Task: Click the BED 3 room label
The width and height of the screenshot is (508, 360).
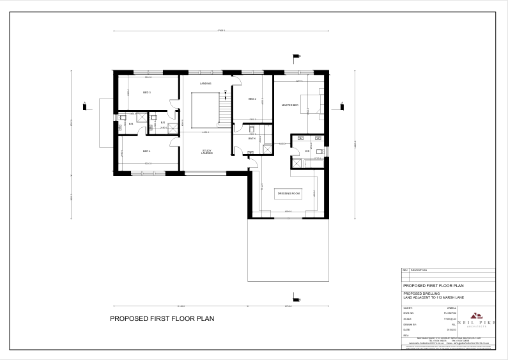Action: [146, 93]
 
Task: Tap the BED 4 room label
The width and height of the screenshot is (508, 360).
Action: [146, 152]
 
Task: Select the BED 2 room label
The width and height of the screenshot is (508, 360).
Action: [252, 99]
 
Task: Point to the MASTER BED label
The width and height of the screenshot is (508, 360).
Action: [290, 105]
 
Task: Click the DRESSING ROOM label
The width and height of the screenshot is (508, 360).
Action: [288, 193]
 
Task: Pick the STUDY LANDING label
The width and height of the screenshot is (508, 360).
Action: [206, 152]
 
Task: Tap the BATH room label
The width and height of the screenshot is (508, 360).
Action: [252, 139]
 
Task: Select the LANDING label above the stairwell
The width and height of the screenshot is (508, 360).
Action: [205, 84]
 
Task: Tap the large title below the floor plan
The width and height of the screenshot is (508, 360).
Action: [162, 318]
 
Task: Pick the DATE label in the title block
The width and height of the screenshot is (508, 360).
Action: [408, 330]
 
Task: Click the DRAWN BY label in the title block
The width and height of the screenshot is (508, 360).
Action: [410, 324]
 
